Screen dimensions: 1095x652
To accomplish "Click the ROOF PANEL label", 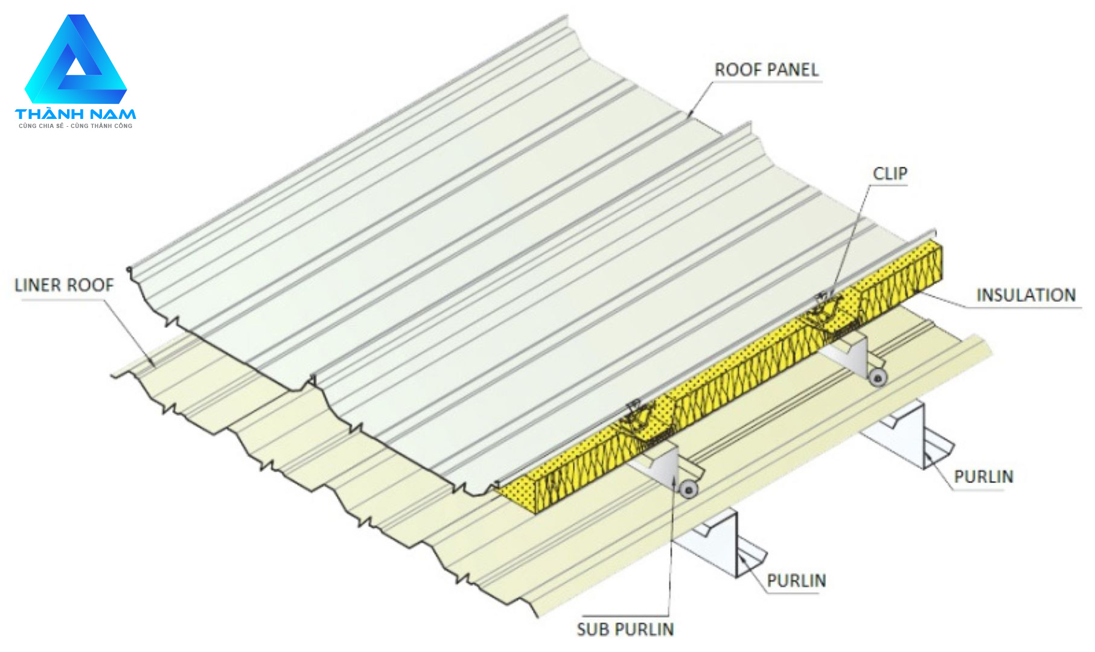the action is [x=767, y=70].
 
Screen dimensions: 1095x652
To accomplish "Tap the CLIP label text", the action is [x=890, y=174].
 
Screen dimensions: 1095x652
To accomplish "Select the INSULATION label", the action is [x=1026, y=295].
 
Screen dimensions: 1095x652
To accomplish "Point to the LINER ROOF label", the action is [x=64, y=285].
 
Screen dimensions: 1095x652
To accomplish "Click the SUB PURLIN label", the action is [x=625, y=629].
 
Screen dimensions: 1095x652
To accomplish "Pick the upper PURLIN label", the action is [x=983, y=477].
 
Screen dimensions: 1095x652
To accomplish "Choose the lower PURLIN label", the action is [x=796, y=581].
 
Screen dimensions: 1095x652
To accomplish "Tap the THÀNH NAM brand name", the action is [x=75, y=114].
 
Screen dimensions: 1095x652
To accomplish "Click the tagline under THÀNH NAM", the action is [x=75, y=126].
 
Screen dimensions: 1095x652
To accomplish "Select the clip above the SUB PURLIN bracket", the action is [x=640, y=416].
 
